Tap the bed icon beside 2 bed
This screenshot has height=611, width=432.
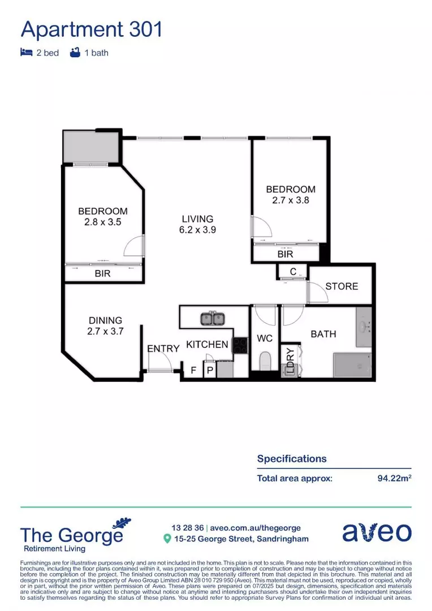pos(26,53)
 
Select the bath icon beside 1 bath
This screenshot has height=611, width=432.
pos(75,53)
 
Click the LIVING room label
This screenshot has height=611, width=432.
pos(197,219)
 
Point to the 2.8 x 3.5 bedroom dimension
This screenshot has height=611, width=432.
pos(102,222)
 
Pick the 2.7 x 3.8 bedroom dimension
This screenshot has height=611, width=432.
pos(291,200)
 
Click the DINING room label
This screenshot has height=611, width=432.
pos(105,320)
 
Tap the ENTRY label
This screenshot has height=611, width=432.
pos(163,349)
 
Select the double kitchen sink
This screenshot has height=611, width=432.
pos(212,319)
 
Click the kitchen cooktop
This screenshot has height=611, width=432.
pos(240,345)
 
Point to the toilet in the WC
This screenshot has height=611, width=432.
pos(265,361)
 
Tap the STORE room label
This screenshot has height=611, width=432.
pos(342,286)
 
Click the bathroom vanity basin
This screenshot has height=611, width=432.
pos(364,326)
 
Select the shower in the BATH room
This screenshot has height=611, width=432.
pos(352,365)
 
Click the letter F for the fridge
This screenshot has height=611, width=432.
pos(193,371)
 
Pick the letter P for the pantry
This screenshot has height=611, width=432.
pos(209,371)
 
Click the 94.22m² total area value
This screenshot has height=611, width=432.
pos(394,478)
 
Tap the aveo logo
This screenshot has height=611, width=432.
pos(377,532)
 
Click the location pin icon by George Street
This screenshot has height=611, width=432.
pos(167,539)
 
